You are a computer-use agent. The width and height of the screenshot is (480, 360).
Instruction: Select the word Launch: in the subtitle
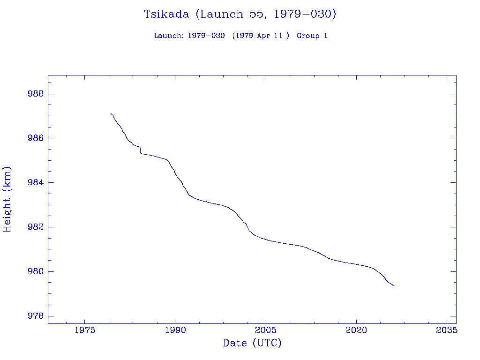tap(169, 36)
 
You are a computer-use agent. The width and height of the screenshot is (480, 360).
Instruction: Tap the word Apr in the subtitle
tap(263, 36)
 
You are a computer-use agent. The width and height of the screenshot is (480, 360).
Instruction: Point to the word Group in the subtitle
tap(307, 36)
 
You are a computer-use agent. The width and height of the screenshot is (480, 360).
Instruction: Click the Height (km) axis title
tap(7, 199)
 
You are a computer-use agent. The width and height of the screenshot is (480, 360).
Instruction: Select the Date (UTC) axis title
tap(252, 343)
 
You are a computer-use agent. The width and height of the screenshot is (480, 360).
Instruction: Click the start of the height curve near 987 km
tap(111, 113)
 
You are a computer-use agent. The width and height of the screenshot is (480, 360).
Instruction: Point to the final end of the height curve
tap(394, 285)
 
